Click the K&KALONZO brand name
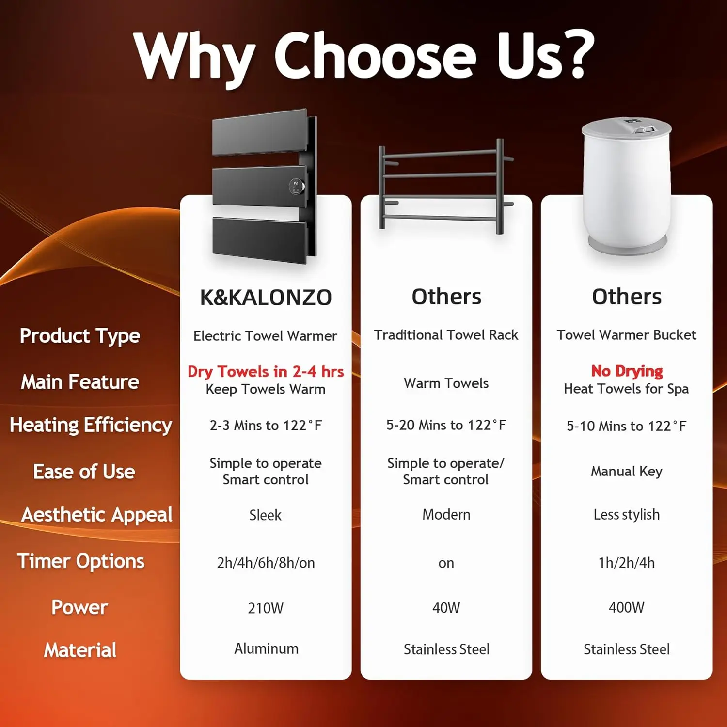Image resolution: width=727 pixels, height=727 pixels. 266,297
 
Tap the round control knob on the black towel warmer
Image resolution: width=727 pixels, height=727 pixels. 297,186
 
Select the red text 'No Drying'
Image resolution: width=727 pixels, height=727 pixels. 627,371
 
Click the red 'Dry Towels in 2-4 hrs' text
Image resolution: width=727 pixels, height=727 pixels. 266,372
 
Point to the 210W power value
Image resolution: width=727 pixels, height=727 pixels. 266,608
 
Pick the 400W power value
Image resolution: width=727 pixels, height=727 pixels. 627,607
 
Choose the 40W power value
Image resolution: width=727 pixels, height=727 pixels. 446,607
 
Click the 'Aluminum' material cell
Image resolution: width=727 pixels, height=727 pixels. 266,648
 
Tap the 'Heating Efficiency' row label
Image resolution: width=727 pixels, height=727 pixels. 91,425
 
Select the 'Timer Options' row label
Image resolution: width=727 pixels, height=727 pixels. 81,561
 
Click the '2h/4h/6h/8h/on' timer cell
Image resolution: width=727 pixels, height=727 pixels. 266,563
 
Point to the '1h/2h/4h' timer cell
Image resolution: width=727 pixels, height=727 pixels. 627,563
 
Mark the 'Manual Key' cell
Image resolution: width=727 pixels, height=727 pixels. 627,472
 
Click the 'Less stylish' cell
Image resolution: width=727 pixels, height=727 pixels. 627,514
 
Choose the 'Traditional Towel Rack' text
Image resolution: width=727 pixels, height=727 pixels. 446,335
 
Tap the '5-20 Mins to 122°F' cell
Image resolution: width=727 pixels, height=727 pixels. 446,425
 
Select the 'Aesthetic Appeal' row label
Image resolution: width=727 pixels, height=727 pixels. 97,515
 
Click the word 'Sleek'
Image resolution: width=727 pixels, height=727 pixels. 265,515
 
